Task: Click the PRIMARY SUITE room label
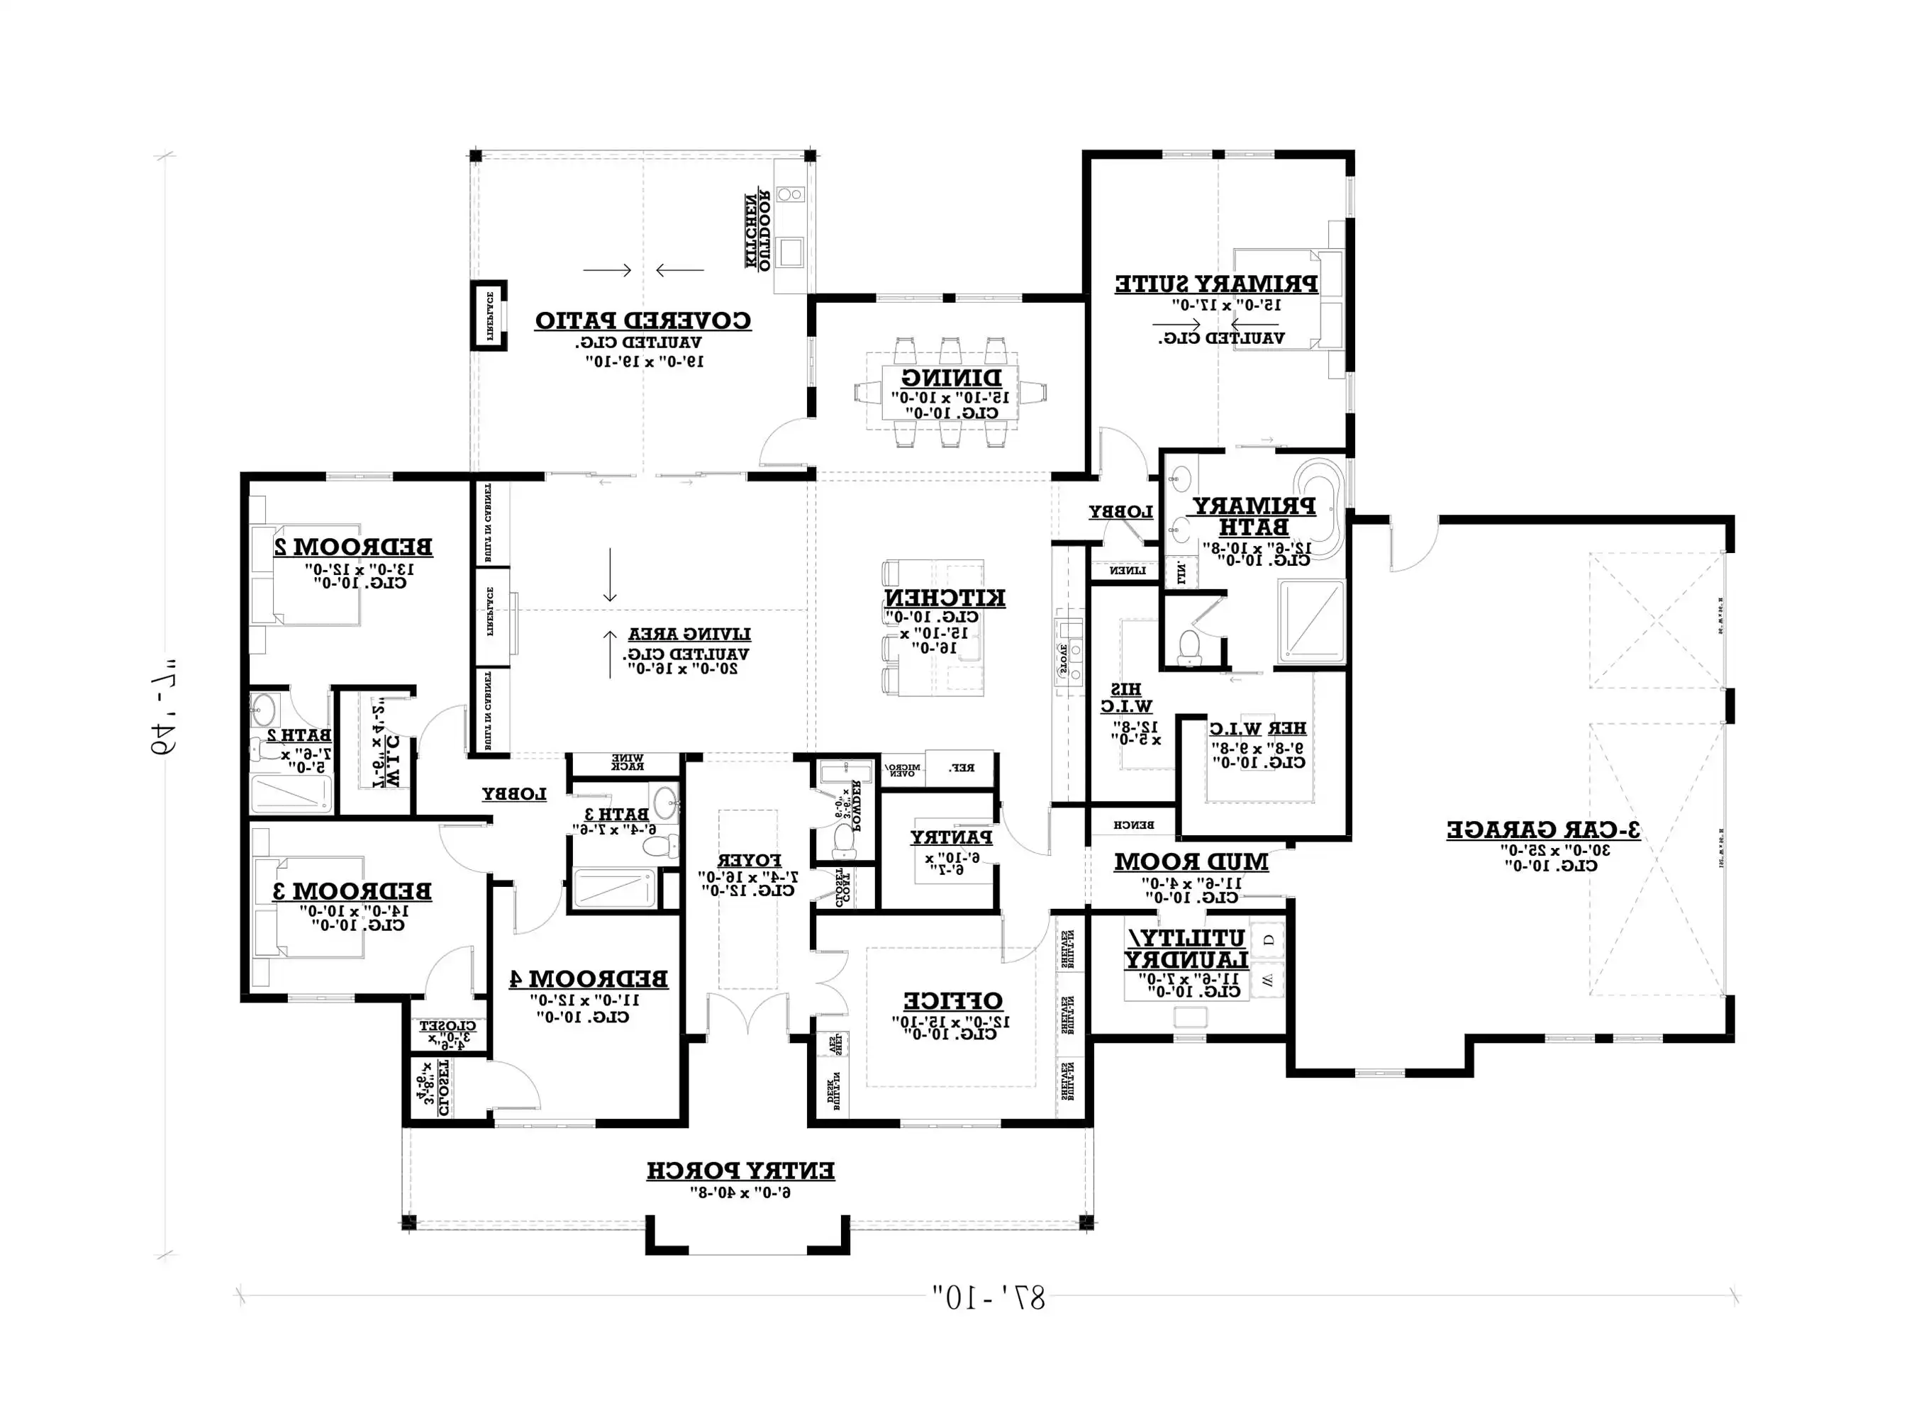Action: point(1215,284)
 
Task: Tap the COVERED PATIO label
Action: point(643,321)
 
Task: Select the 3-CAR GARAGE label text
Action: point(1542,830)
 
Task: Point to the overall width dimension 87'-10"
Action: point(989,1297)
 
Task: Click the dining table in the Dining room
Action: point(950,392)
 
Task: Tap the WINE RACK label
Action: point(627,762)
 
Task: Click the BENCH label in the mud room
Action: point(1133,825)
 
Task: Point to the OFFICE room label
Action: point(952,1001)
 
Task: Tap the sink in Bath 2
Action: point(264,710)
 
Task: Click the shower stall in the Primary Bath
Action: point(1310,620)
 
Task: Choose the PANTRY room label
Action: point(951,837)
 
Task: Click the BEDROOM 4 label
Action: point(588,978)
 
